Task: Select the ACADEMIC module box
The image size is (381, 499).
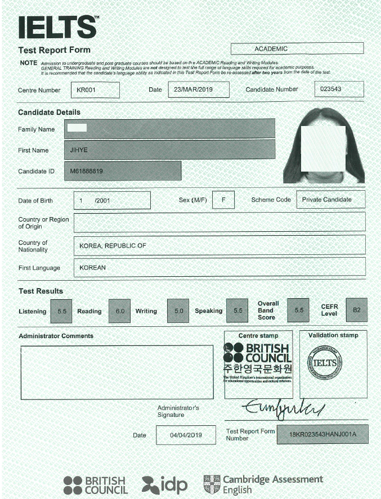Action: coord(297,49)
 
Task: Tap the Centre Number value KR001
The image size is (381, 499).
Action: coord(95,90)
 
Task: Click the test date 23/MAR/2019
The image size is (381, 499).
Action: coord(198,90)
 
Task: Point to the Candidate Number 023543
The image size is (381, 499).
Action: coord(330,89)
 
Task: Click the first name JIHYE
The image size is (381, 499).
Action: coord(79,150)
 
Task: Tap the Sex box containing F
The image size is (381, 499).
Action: coord(223,200)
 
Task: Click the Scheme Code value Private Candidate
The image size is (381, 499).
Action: coord(326,199)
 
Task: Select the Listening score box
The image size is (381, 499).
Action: coord(61,311)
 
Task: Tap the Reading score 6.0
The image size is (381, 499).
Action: coord(120,311)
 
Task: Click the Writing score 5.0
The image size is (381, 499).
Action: coord(178,311)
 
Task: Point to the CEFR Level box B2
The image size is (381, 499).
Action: coord(356,310)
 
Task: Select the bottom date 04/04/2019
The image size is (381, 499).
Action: coord(186,435)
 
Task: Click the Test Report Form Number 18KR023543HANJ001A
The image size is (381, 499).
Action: coord(322,434)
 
